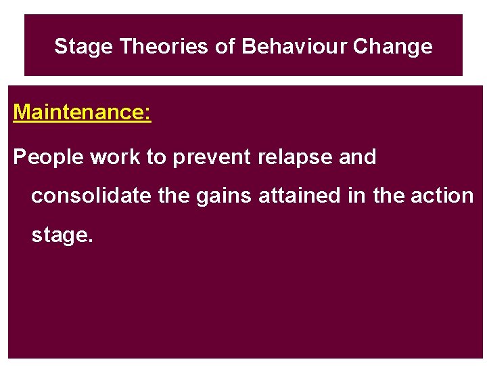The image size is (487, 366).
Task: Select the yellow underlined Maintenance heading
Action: [82, 112]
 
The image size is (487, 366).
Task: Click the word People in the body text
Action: [49, 157]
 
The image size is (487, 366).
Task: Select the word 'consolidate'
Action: [91, 196]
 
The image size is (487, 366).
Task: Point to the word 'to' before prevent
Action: [156, 157]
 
